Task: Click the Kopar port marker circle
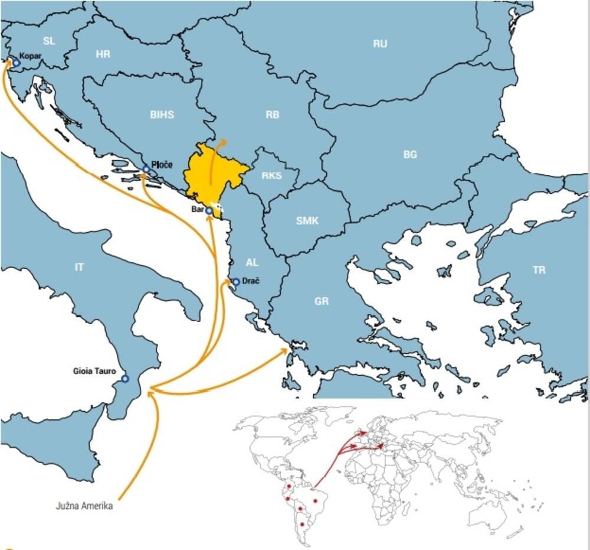tap(17, 63)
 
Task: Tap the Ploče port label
tap(162, 165)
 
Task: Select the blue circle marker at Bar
tap(209, 211)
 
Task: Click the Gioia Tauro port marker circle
tap(124, 379)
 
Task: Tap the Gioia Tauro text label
tap(94, 371)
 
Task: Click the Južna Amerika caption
tap(84, 506)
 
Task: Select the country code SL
tap(49, 41)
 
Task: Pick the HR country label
tap(103, 54)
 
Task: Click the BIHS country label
tap(162, 115)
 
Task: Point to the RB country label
tap(272, 115)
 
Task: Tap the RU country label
tap(380, 44)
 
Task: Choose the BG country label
tap(410, 154)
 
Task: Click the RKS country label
tap(271, 175)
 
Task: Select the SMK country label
tap(307, 220)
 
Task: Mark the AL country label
tap(252, 262)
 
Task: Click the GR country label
tap(322, 301)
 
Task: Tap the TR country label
tap(539, 270)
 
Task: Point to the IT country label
tap(79, 267)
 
